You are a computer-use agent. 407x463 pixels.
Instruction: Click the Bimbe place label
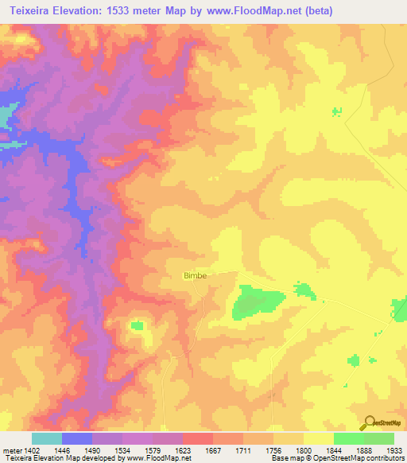[x=195, y=276]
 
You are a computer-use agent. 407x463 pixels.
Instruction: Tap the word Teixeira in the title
[x=28, y=11]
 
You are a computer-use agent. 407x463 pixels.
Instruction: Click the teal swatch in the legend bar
[x=47, y=438]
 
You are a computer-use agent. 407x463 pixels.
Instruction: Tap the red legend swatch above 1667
[x=197, y=438]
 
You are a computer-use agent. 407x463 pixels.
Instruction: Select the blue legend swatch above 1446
[x=77, y=438]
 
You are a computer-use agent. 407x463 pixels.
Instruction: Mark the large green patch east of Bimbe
[x=256, y=302]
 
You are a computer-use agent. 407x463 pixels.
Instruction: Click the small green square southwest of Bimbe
[x=137, y=325]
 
